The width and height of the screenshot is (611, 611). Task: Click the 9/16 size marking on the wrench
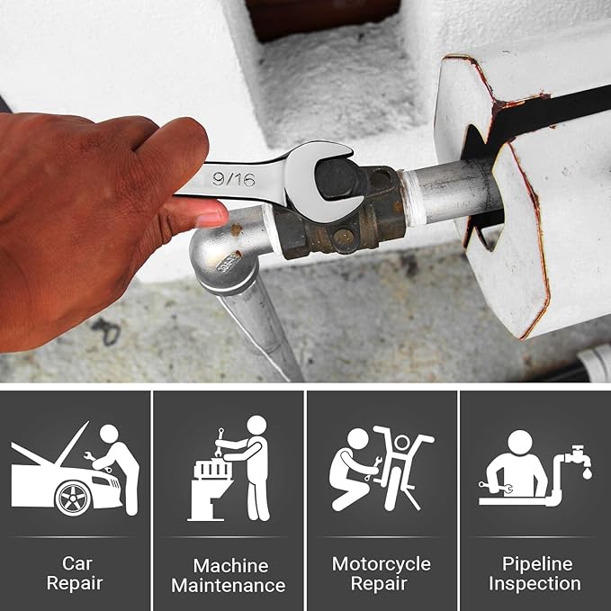[x=234, y=179]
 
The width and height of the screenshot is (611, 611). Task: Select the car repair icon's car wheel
[x=73, y=499]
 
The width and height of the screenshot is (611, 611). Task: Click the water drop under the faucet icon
[x=587, y=473]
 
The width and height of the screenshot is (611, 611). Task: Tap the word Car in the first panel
[x=76, y=563]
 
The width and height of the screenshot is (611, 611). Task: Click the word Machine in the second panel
[x=230, y=566]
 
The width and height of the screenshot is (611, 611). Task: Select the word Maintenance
[x=229, y=586]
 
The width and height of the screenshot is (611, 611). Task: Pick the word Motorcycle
[x=382, y=564]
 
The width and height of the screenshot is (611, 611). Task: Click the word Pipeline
[x=537, y=564]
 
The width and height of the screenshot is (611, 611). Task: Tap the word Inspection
[x=535, y=584]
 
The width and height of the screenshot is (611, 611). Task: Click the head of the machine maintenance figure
[x=256, y=425]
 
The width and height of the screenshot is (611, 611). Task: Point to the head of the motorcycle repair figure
[x=357, y=438]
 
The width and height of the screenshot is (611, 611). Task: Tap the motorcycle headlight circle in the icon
[x=402, y=443]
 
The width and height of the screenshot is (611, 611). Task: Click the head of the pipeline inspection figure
[x=520, y=442]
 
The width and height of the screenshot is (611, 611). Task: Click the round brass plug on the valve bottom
[x=344, y=237]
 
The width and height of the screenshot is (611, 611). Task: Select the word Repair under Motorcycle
[x=379, y=584]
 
